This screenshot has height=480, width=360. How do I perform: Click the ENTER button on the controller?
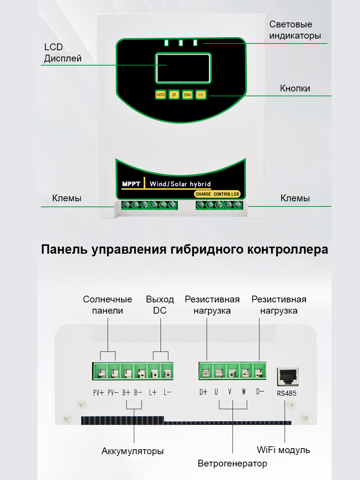point(160,95)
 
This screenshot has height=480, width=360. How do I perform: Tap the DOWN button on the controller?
point(187,95)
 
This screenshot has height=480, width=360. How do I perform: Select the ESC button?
point(201,95)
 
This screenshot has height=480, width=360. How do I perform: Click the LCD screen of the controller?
point(183,68)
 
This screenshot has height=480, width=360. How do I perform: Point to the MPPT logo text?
point(131,184)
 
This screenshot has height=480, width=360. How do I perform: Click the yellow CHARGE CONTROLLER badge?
point(217,194)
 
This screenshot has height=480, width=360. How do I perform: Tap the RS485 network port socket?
point(288,376)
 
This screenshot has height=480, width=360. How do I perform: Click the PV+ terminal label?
point(98,392)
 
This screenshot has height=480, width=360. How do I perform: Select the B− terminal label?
point(138,392)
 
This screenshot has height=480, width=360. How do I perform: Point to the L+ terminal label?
point(153,392)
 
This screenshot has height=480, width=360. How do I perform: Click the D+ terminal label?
point(203,392)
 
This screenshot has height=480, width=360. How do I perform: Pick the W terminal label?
point(244,392)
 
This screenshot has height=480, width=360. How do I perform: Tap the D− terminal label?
point(260,392)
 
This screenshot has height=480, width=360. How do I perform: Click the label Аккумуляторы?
point(132,451)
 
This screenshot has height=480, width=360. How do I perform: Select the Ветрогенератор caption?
point(232,464)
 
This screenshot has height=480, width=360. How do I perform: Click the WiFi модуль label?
point(283,450)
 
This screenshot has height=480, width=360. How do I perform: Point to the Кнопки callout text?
point(295,88)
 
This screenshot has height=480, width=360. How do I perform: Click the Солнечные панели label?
point(108,305)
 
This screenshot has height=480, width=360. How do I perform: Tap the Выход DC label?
point(160,305)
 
